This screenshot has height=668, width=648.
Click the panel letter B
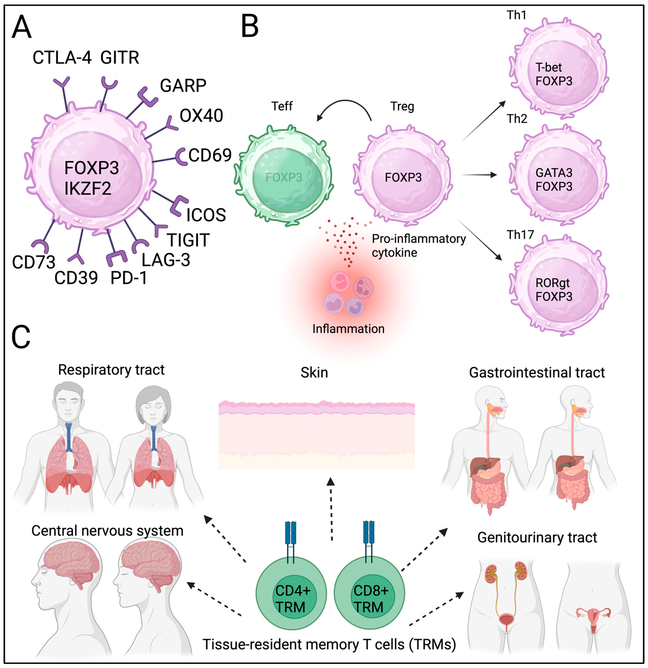click(x=250, y=27)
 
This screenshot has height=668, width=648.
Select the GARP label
click(x=183, y=85)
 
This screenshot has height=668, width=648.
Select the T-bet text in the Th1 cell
click(x=548, y=67)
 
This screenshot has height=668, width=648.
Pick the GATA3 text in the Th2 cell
click(x=554, y=173)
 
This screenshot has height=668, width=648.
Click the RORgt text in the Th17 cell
click(x=552, y=283)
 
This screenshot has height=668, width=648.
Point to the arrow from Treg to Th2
click(x=478, y=175)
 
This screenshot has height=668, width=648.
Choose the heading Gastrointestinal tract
click(x=537, y=372)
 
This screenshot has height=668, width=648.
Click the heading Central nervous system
click(x=107, y=531)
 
